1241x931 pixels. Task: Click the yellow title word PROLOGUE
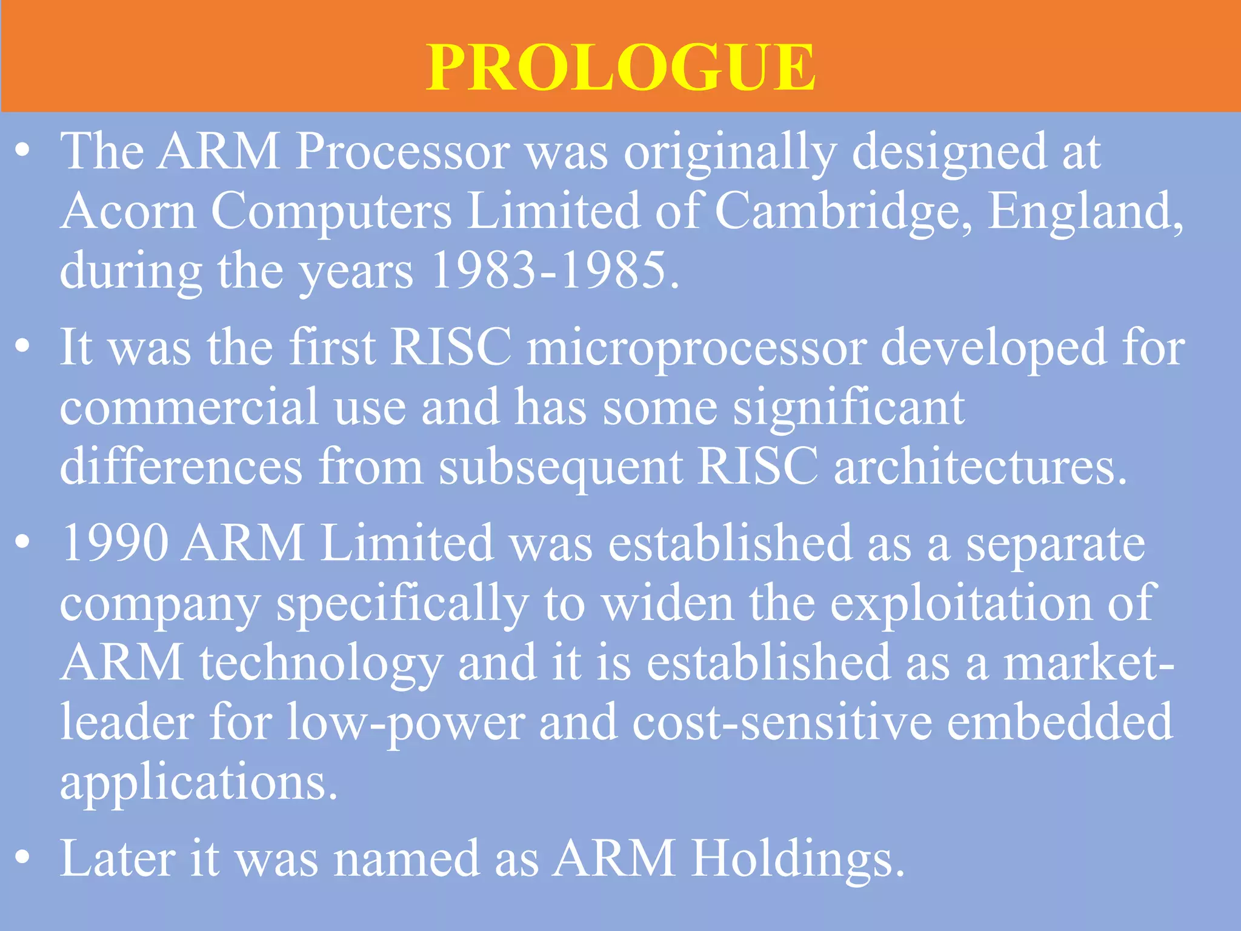(x=620, y=68)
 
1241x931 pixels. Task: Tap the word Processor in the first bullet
(x=402, y=152)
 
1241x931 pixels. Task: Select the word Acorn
(x=128, y=211)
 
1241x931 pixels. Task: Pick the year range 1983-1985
(x=554, y=270)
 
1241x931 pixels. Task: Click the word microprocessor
(x=696, y=349)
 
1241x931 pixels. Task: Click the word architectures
(x=980, y=467)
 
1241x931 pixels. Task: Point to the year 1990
(x=115, y=543)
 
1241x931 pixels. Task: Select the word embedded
(x=1060, y=722)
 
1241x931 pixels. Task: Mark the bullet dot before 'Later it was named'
(x=22, y=858)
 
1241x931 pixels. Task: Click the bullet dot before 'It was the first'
(x=22, y=347)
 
